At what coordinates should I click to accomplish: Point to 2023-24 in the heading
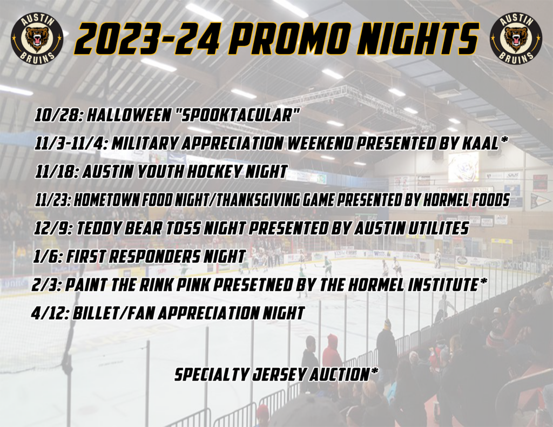147,38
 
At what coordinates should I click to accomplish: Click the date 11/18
58,172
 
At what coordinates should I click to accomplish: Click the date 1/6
48,256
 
